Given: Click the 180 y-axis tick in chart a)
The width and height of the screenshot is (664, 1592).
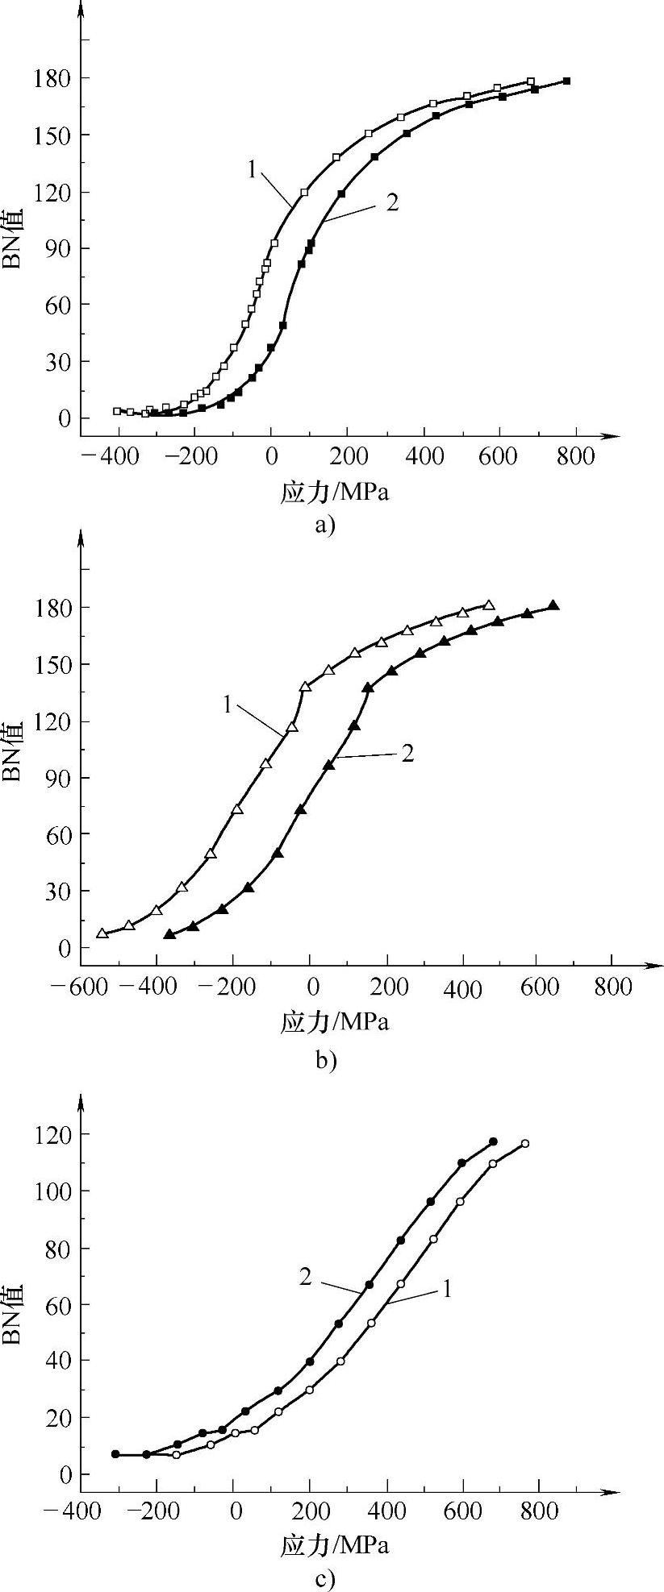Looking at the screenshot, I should [x=52, y=78].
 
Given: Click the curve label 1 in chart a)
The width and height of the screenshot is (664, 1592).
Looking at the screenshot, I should [x=253, y=170].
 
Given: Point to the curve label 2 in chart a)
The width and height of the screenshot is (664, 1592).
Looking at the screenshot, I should [x=392, y=202].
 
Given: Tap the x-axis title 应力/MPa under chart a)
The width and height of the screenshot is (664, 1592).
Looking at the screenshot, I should [x=334, y=493].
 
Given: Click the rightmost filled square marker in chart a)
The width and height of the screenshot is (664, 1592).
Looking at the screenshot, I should [x=567, y=81].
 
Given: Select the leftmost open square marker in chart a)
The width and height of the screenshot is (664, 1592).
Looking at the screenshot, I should [x=117, y=411].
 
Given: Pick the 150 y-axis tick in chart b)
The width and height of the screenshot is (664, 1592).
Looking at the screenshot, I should [x=52, y=664].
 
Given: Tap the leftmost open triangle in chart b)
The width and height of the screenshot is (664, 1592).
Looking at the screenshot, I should [x=102, y=933].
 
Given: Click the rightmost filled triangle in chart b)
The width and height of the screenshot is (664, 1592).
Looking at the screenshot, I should [x=553, y=605].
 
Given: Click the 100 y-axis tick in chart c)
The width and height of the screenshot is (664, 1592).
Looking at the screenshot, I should [x=52, y=1191].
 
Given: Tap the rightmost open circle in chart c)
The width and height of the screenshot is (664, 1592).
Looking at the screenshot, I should [x=525, y=1144].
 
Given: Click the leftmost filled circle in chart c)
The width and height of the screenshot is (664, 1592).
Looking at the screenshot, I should [x=115, y=1454].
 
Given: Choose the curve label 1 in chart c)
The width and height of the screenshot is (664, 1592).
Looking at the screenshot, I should [x=446, y=1289].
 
